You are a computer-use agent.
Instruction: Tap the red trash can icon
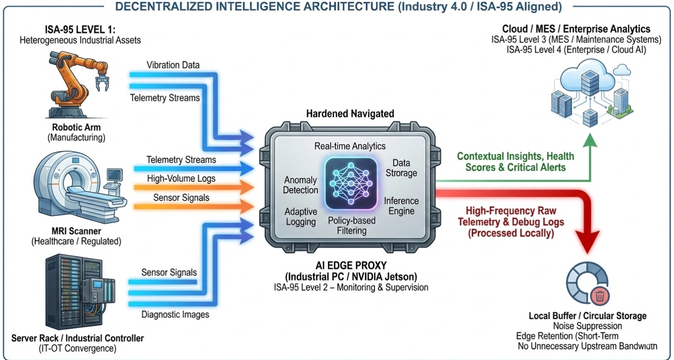coord(600,296)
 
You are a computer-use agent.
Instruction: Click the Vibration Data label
coord(173,65)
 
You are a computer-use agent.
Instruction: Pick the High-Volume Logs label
coord(181,179)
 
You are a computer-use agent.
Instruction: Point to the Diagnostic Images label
coord(175,315)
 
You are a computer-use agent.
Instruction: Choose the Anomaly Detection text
coord(301,185)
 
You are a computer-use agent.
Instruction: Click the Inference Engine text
coord(402,206)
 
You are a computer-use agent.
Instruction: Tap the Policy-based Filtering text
coord(351,226)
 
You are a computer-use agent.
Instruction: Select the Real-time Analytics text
coord(350,146)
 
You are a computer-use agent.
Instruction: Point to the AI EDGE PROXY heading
coord(350,267)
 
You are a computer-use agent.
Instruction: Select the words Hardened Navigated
coord(350,114)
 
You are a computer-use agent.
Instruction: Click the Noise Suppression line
coord(587,326)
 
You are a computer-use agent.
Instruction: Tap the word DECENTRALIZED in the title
coord(166,7)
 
